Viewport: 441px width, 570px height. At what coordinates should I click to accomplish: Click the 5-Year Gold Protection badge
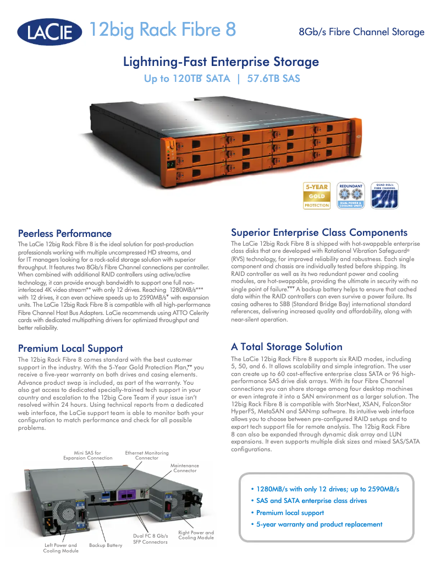pyautogui.click(x=317, y=196)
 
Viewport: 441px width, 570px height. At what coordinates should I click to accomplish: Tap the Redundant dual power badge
pyautogui.click(x=350, y=195)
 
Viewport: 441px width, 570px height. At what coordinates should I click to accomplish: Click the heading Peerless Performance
pyautogui.click(x=64, y=234)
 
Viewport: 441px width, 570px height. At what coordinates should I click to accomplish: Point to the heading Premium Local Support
pyautogui.click(x=70, y=348)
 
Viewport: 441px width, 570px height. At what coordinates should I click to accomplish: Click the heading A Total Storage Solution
pyautogui.click(x=286, y=347)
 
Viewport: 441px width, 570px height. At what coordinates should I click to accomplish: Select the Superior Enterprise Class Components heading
pyautogui.click(x=319, y=233)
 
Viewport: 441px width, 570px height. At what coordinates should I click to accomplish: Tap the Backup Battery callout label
pyautogui.click(x=106, y=545)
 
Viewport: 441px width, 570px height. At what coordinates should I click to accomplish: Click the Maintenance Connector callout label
pyautogui.click(x=185, y=468)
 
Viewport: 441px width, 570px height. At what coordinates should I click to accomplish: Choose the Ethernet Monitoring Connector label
pyautogui.click(x=147, y=455)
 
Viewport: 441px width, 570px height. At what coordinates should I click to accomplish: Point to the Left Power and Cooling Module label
pyautogui.click(x=60, y=548)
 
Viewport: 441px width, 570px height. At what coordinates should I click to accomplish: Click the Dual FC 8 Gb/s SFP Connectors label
pyautogui.click(x=150, y=539)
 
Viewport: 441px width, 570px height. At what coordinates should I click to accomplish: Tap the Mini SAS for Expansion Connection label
pyautogui.click(x=88, y=455)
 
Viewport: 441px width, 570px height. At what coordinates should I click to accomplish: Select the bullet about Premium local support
pyautogui.click(x=290, y=513)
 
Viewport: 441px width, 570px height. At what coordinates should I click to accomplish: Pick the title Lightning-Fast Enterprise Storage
pyautogui.click(x=220, y=62)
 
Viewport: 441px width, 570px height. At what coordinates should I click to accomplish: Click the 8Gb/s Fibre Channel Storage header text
pyautogui.click(x=361, y=32)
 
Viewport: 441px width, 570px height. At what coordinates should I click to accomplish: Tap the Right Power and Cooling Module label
pyautogui.click(x=196, y=535)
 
